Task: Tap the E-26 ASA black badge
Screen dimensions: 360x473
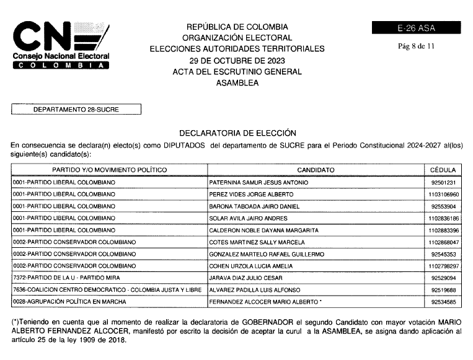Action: pyautogui.click(x=416, y=28)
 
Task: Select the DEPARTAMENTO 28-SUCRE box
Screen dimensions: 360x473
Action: pyautogui.click(x=76, y=110)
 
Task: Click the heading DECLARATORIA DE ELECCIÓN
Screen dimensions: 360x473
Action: pyautogui.click(x=237, y=133)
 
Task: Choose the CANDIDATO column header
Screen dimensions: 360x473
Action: pyautogui.click(x=316, y=170)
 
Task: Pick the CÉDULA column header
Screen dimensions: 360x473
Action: pyautogui.click(x=443, y=170)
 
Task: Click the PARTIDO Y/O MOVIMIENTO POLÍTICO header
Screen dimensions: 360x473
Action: pyautogui.click(x=109, y=170)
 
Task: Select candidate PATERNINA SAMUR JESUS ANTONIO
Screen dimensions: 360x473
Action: pyautogui.click(x=260, y=183)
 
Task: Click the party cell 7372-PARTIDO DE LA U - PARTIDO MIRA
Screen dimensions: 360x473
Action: pyautogui.click(x=66, y=278)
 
